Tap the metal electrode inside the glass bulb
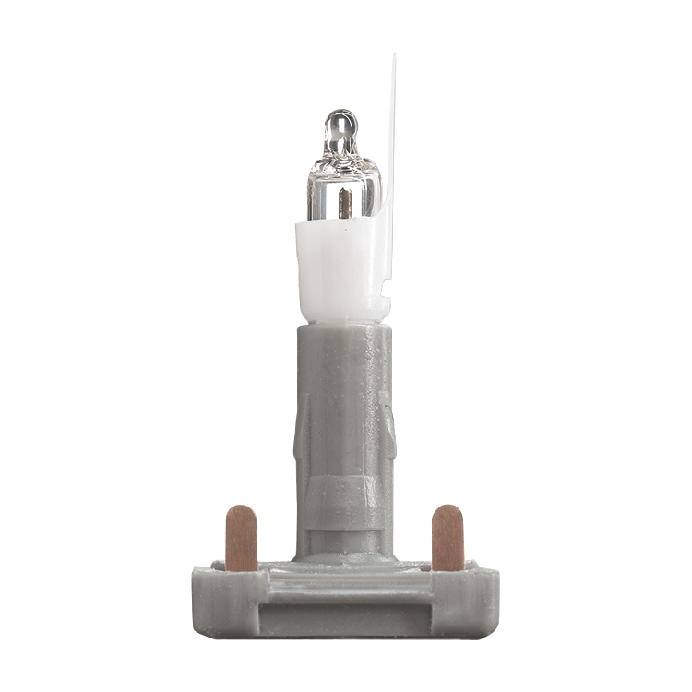click(x=344, y=202)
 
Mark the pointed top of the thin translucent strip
click(x=394, y=57)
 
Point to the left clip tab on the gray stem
click(x=300, y=429)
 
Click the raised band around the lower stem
click(x=343, y=498)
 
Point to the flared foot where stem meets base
click(x=343, y=556)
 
